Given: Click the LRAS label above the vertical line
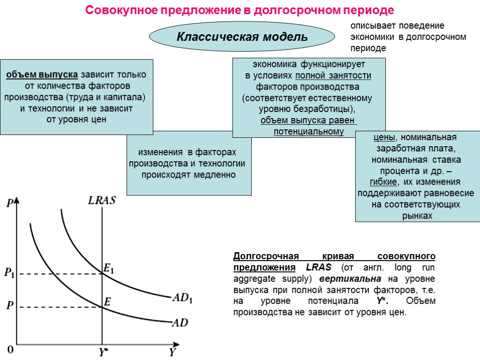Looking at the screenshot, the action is tap(102, 201).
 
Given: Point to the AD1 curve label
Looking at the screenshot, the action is tap(182, 298).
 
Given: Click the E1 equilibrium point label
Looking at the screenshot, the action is tap(109, 269).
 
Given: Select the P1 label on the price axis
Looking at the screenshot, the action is tap(9, 273).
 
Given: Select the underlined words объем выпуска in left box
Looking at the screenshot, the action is tap(42, 75).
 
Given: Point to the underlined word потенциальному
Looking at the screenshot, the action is tap(308, 132).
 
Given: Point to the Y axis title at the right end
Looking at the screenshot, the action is tap(172, 352).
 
